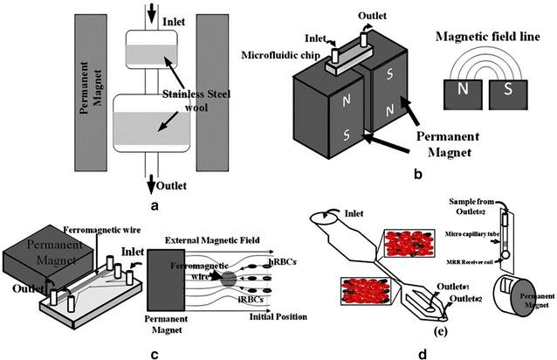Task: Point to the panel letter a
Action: (x=154, y=204)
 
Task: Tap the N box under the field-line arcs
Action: (x=460, y=90)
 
